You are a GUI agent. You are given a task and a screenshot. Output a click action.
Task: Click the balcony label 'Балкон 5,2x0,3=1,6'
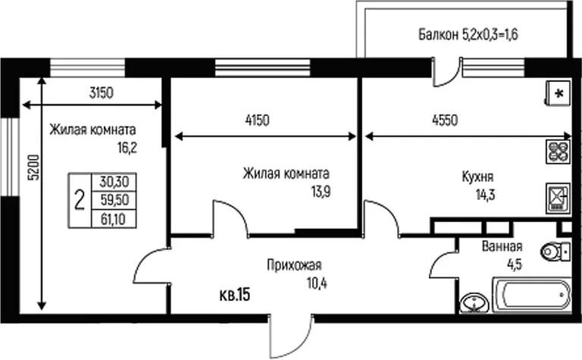[x=468, y=34]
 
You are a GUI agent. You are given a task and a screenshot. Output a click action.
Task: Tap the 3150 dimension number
[x=101, y=92]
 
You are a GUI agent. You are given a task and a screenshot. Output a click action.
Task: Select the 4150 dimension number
[x=257, y=121]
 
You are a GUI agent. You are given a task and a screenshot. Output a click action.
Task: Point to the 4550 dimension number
[x=445, y=121]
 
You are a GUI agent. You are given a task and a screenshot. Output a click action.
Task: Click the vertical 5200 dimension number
[x=34, y=167]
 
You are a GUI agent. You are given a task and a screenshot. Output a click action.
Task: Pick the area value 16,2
[x=127, y=148]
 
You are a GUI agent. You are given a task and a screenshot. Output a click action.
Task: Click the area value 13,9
[x=321, y=192]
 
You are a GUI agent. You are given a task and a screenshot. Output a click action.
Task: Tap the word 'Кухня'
[x=477, y=177]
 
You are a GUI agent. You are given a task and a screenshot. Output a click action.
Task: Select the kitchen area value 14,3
[x=486, y=194]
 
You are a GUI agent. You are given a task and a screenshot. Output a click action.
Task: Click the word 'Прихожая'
[x=294, y=265]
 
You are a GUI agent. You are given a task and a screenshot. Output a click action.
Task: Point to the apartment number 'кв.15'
[x=235, y=295]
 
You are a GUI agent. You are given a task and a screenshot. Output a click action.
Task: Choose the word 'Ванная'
[x=502, y=246]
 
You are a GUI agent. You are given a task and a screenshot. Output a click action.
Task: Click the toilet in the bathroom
[x=555, y=252]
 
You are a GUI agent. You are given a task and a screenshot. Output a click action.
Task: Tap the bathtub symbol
[x=532, y=294]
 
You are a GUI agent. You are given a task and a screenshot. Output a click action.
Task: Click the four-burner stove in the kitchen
[x=559, y=152]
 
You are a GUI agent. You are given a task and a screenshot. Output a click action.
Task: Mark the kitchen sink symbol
[x=559, y=198]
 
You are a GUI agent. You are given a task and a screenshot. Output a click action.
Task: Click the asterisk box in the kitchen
[x=559, y=93]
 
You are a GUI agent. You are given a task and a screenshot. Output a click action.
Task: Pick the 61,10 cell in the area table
[x=113, y=219]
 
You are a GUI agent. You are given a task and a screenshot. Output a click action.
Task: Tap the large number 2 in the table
[x=80, y=200]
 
